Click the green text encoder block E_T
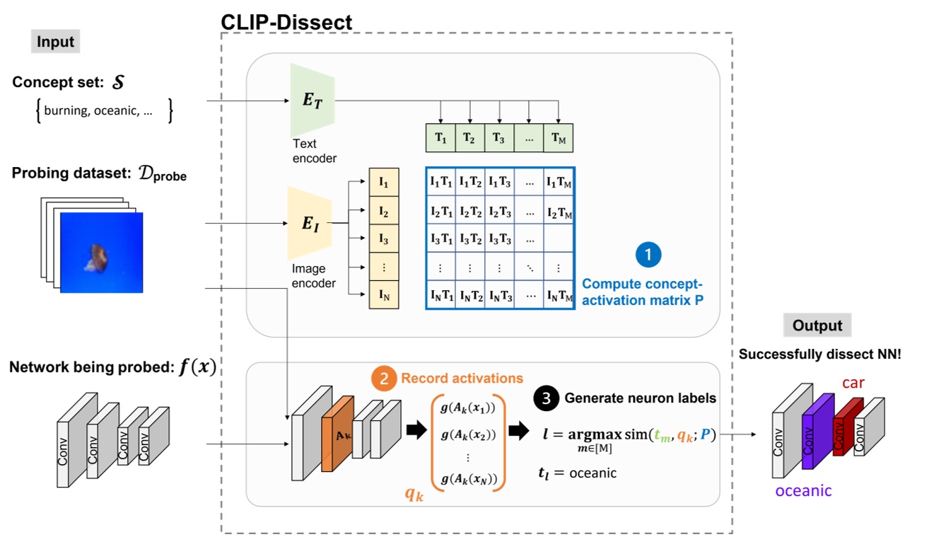point(312,100)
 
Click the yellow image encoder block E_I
point(310,224)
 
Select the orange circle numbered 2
point(384,379)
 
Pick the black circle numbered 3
point(545,398)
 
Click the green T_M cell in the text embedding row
point(558,139)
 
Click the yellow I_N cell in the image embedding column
point(384,295)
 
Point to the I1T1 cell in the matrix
point(440,181)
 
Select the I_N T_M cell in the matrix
point(559,296)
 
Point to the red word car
point(853,383)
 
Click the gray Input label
point(56,42)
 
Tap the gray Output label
point(817,325)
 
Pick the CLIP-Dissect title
point(286,22)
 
